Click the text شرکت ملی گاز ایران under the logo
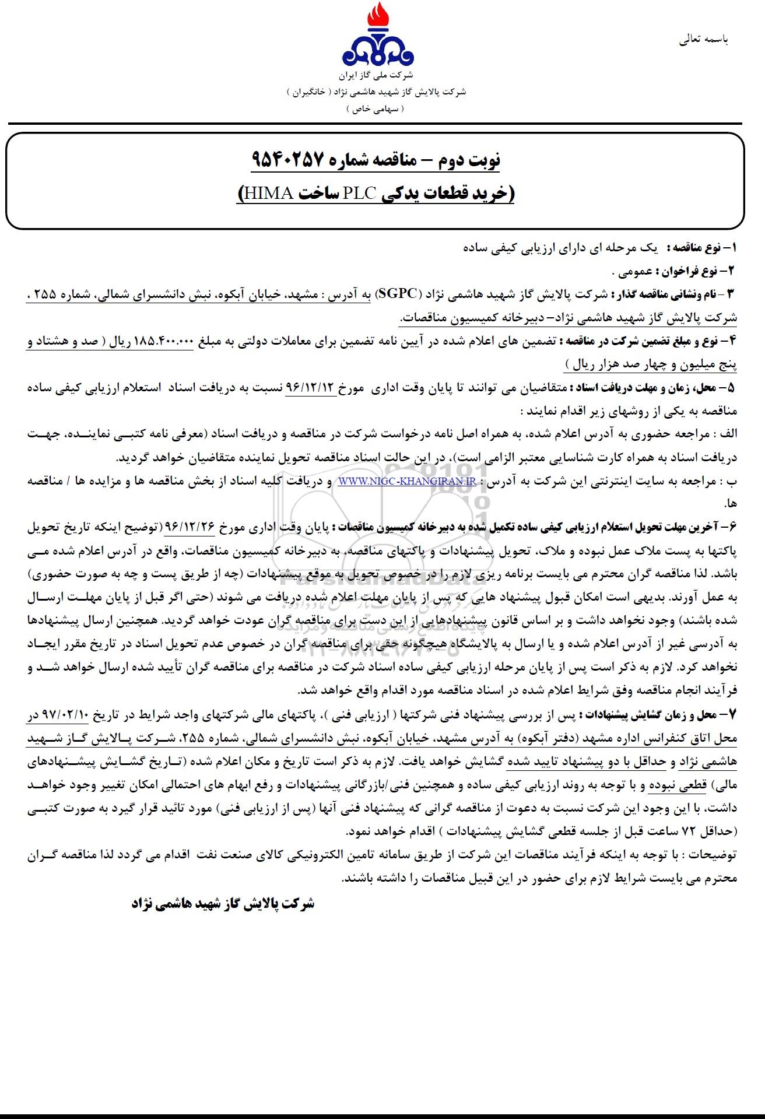point(377,76)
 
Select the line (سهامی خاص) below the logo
point(377,109)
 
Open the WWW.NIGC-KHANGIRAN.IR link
point(406,482)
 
